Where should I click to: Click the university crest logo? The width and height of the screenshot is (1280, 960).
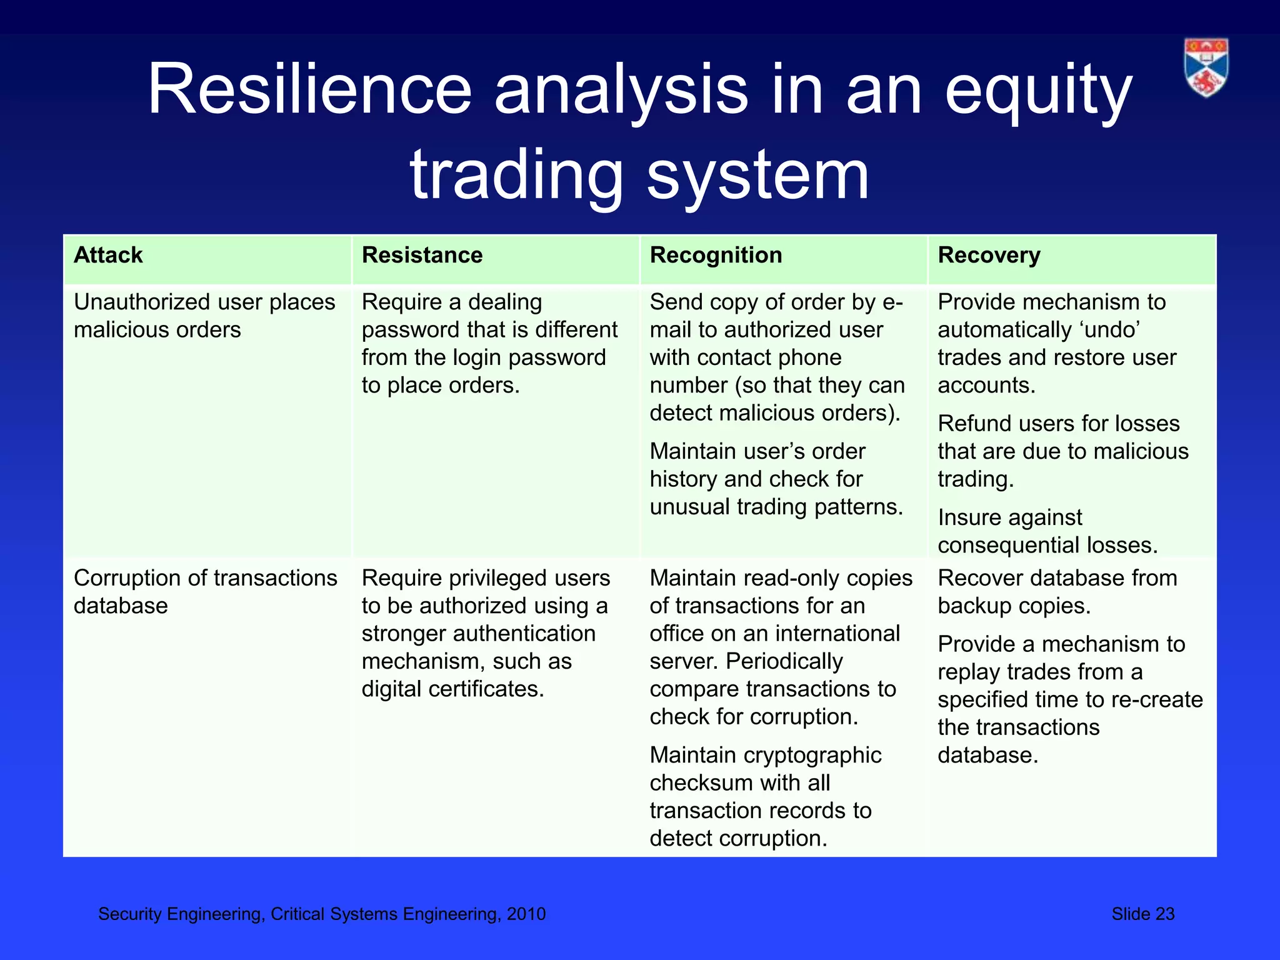click(x=1206, y=67)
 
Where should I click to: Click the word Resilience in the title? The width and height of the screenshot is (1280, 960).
click(x=309, y=89)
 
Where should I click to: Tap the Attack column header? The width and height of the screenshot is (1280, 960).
click(x=108, y=255)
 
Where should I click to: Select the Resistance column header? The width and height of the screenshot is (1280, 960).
click(x=422, y=255)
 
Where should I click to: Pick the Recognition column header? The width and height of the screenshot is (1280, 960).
click(x=716, y=255)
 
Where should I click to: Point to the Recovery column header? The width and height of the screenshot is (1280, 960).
click(x=989, y=255)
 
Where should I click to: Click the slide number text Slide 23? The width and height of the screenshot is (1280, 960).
click(x=1142, y=914)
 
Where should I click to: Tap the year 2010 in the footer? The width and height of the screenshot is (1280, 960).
click(x=526, y=914)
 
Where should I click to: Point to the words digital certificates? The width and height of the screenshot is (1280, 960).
click(x=452, y=689)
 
